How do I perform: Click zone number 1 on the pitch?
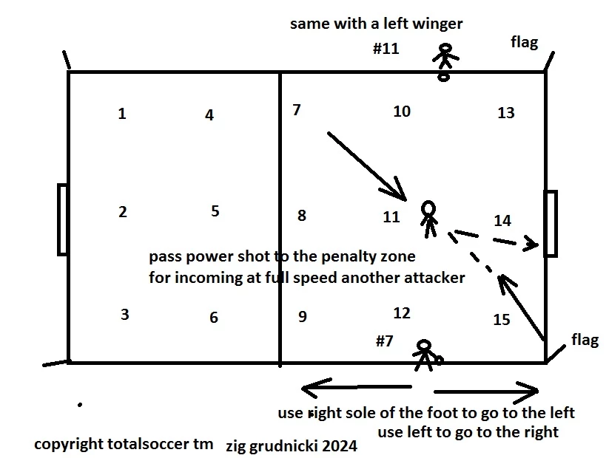[122, 114]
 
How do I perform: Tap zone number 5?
[215, 211]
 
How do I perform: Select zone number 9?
[302, 317]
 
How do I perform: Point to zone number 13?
[506, 113]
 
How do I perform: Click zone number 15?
[502, 320]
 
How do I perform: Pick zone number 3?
[125, 315]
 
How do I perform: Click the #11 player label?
[386, 49]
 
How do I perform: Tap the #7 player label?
[385, 341]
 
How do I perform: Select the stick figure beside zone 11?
[428, 218]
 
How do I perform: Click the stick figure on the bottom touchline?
[425, 355]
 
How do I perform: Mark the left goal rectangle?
[62, 219]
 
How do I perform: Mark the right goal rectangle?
[550, 223]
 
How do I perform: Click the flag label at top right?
[524, 42]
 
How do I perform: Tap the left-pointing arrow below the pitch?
[355, 386]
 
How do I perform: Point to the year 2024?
[340, 446]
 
